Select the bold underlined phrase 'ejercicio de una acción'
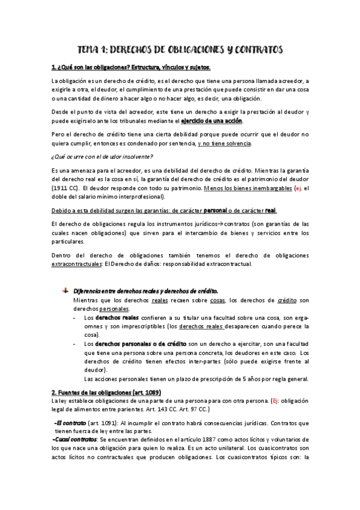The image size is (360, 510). [x=216, y=121]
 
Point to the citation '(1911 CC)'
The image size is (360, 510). [x=66, y=188]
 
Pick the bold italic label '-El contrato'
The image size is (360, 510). [x=70, y=423]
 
